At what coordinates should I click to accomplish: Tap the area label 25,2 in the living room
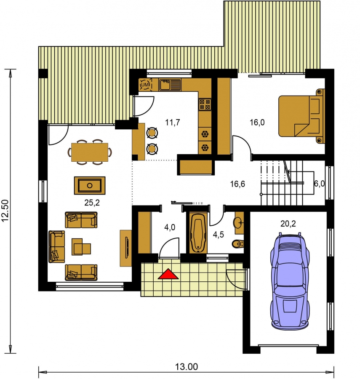(x=92, y=203)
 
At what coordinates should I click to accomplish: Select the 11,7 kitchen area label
(x=173, y=123)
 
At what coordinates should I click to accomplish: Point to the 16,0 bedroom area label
(x=257, y=123)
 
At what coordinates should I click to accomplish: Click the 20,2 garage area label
(x=288, y=224)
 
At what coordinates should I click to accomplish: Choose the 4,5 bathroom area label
(x=219, y=235)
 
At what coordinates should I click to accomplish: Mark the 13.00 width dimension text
(x=186, y=367)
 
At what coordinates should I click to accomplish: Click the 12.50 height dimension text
(x=5, y=211)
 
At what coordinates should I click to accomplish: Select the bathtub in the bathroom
(x=198, y=233)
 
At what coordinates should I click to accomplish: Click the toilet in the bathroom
(x=238, y=244)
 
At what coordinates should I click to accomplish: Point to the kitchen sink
(x=170, y=85)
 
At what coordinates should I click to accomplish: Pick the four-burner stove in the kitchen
(x=205, y=104)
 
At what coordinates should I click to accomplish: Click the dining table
(x=90, y=152)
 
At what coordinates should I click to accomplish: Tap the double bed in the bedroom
(x=301, y=116)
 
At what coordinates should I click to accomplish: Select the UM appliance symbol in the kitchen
(x=145, y=85)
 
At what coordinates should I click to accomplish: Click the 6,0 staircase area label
(x=319, y=184)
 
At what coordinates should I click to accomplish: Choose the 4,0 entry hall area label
(x=170, y=227)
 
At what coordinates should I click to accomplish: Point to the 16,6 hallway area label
(x=237, y=184)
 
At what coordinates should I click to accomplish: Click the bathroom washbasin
(x=238, y=223)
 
